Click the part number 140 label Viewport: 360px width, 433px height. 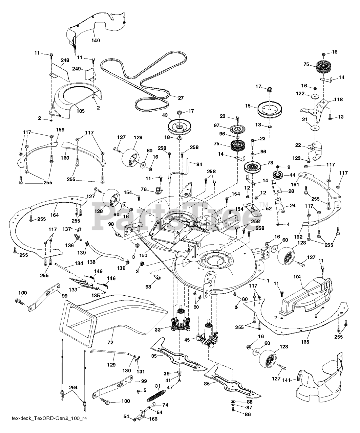coord(96,41)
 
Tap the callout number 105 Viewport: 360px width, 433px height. coord(81,111)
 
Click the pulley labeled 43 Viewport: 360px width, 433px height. coord(179,127)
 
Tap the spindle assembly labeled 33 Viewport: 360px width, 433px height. coord(182,320)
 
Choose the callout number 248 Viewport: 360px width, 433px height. coord(65,60)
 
